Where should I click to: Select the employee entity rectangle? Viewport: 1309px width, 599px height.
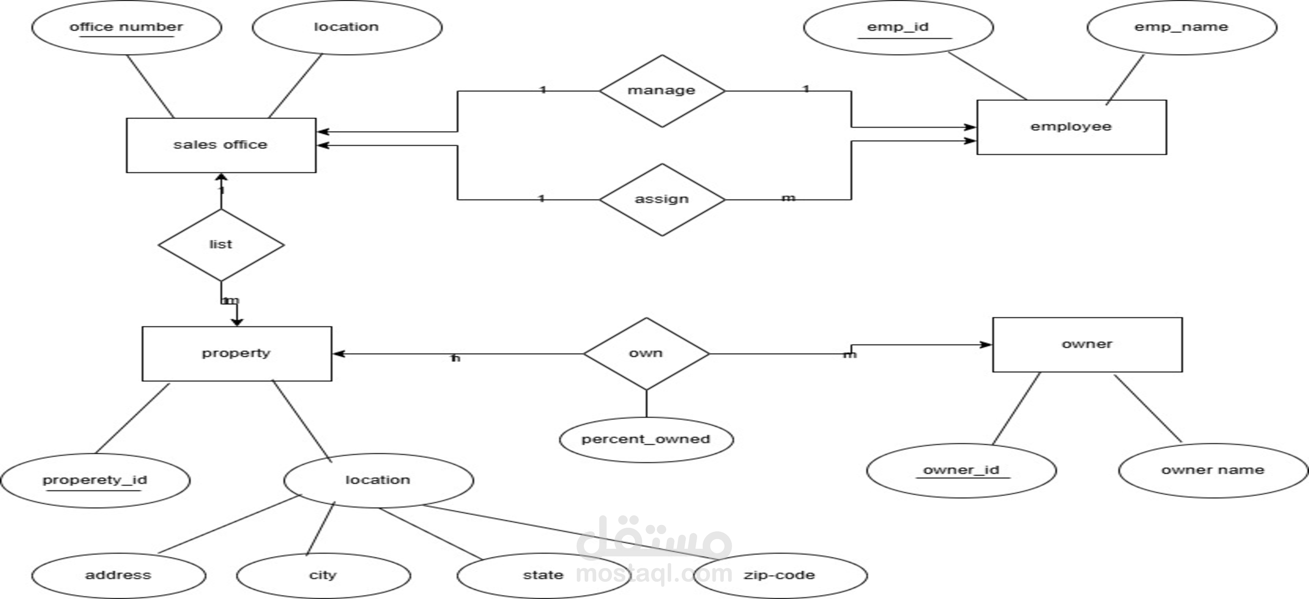1071,127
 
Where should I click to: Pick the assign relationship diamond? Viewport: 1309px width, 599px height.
662,199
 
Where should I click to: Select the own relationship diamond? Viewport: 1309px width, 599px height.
646,353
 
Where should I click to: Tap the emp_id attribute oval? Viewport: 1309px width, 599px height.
898,27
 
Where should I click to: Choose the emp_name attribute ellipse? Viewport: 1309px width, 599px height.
1181,27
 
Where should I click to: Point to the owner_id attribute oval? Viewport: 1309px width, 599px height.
961,470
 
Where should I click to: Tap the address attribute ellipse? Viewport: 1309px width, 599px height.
118,576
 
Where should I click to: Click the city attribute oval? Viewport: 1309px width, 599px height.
323,576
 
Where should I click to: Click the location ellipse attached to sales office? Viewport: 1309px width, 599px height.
347,27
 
